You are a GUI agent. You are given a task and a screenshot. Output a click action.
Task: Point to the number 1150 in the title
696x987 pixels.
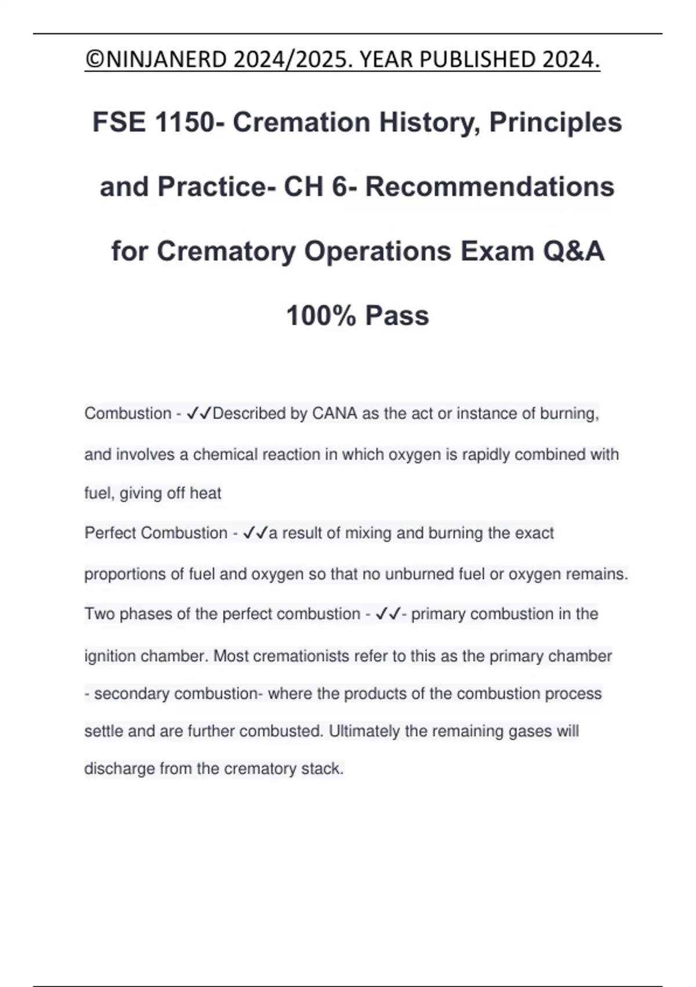[x=186, y=123]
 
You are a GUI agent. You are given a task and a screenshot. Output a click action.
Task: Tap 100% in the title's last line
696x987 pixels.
[x=321, y=316]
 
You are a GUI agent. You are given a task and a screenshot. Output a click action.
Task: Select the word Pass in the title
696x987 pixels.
[x=397, y=316]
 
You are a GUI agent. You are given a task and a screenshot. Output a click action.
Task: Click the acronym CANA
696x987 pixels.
[x=335, y=413]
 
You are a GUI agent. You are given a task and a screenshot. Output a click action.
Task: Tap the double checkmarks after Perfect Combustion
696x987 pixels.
[x=255, y=533]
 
